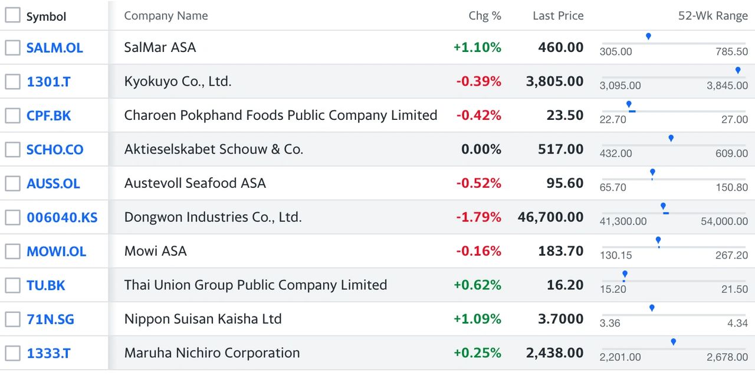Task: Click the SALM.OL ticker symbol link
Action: [x=55, y=48]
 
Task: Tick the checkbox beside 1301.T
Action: [x=12, y=81]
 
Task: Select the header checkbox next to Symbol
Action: [x=12, y=15]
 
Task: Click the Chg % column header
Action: [x=485, y=16]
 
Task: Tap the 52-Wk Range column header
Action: [x=713, y=16]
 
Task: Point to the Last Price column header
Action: [x=558, y=16]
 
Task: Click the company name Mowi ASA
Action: [x=155, y=251]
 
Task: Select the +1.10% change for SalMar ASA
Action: [x=477, y=48]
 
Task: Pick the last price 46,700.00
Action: [x=550, y=217]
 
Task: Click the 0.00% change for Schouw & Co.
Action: [x=481, y=149]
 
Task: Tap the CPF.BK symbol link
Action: [x=48, y=116]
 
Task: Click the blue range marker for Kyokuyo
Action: [x=738, y=70]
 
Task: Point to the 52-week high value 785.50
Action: [x=732, y=51]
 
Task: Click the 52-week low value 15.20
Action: [x=613, y=289]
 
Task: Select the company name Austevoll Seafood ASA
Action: [x=195, y=183]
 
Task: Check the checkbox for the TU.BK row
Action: [x=12, y=285]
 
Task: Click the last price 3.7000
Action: [x=560, y=319]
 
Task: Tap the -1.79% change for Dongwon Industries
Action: [x=478, y=217]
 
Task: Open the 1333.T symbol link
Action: [x=48, y=353]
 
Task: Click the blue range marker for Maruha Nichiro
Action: [x=674, y=341]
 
